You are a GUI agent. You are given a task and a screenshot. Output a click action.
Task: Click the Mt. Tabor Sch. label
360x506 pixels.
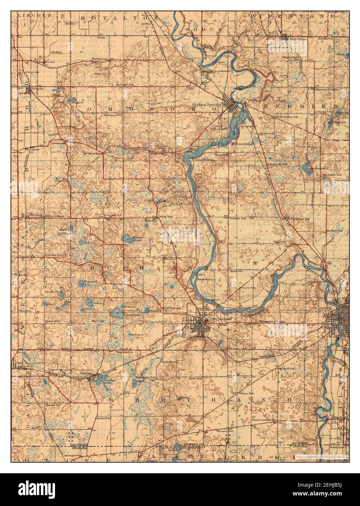click(x=91, y=154)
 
